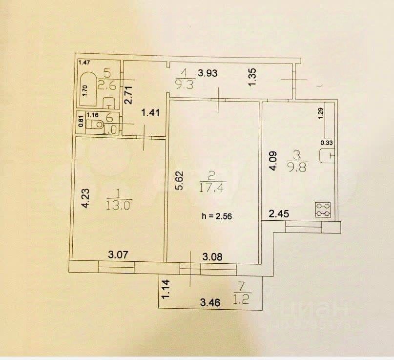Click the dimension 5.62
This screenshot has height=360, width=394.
point(179,181)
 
